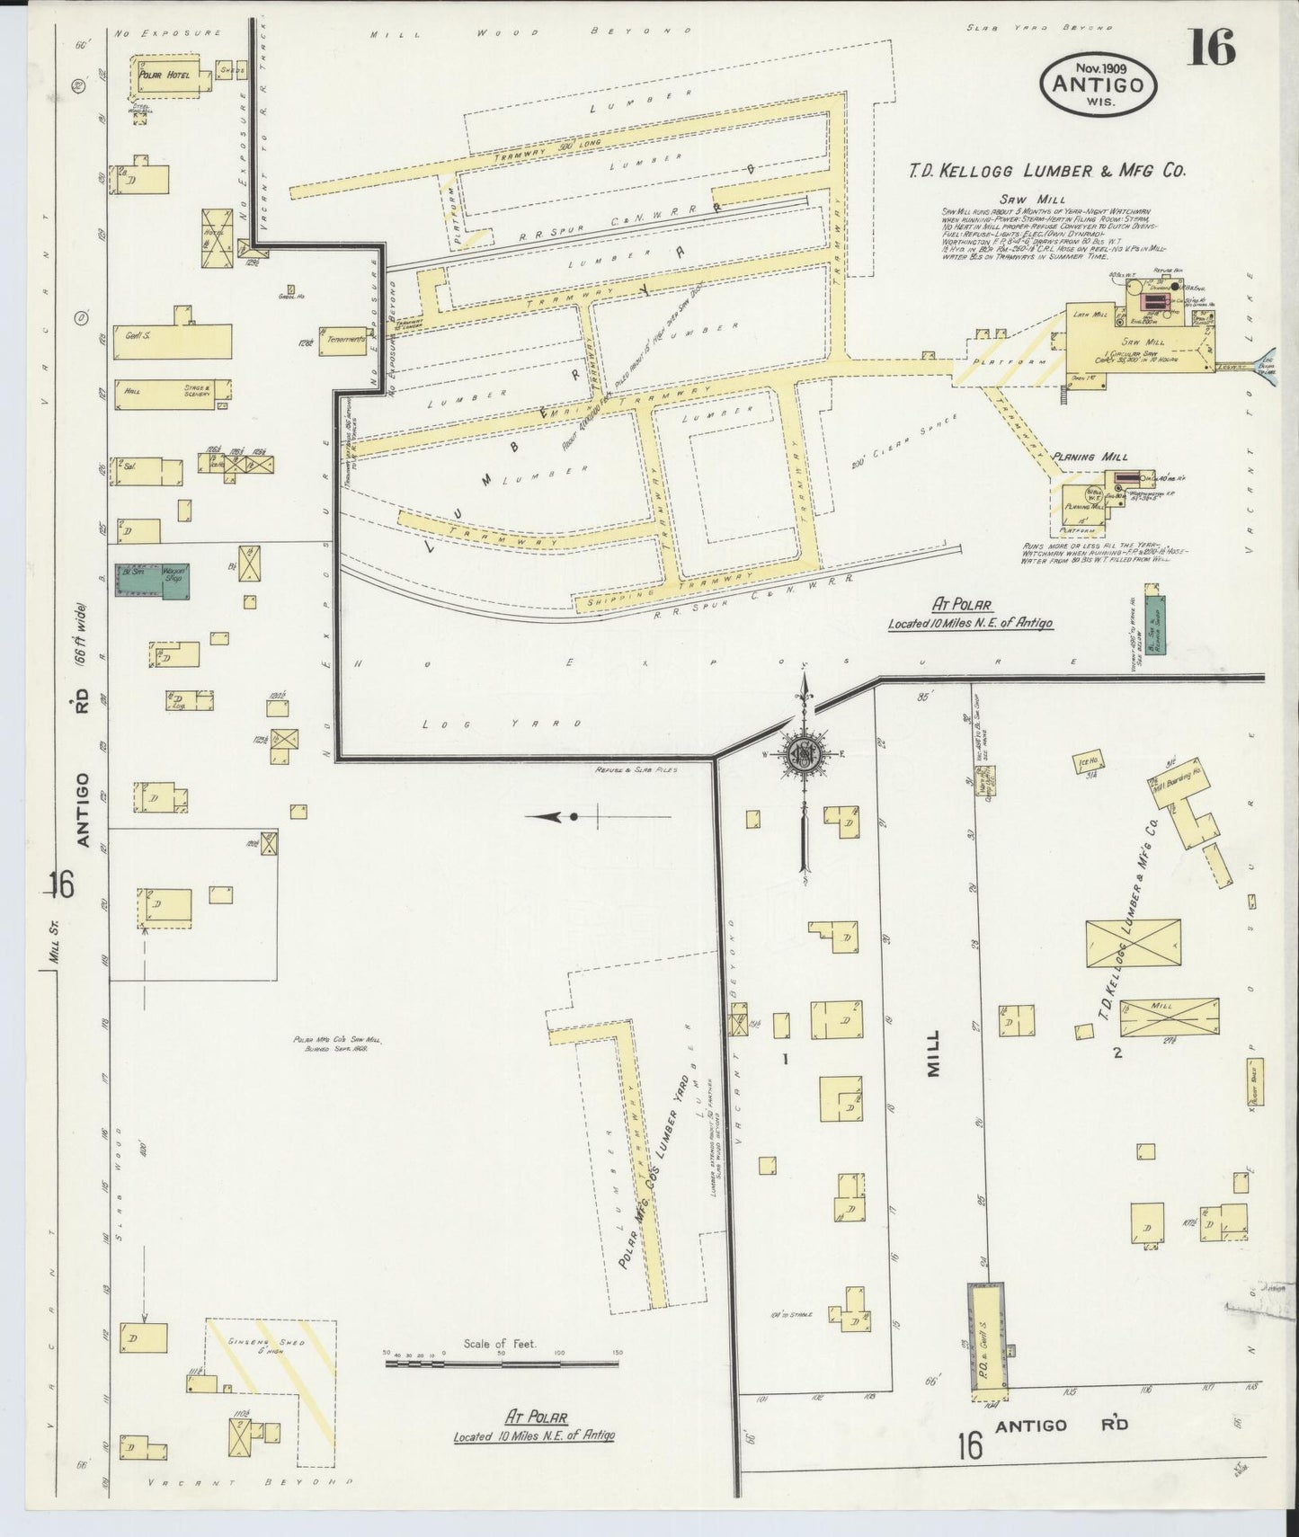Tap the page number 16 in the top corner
point(1210,48)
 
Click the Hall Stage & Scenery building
point(171,394)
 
